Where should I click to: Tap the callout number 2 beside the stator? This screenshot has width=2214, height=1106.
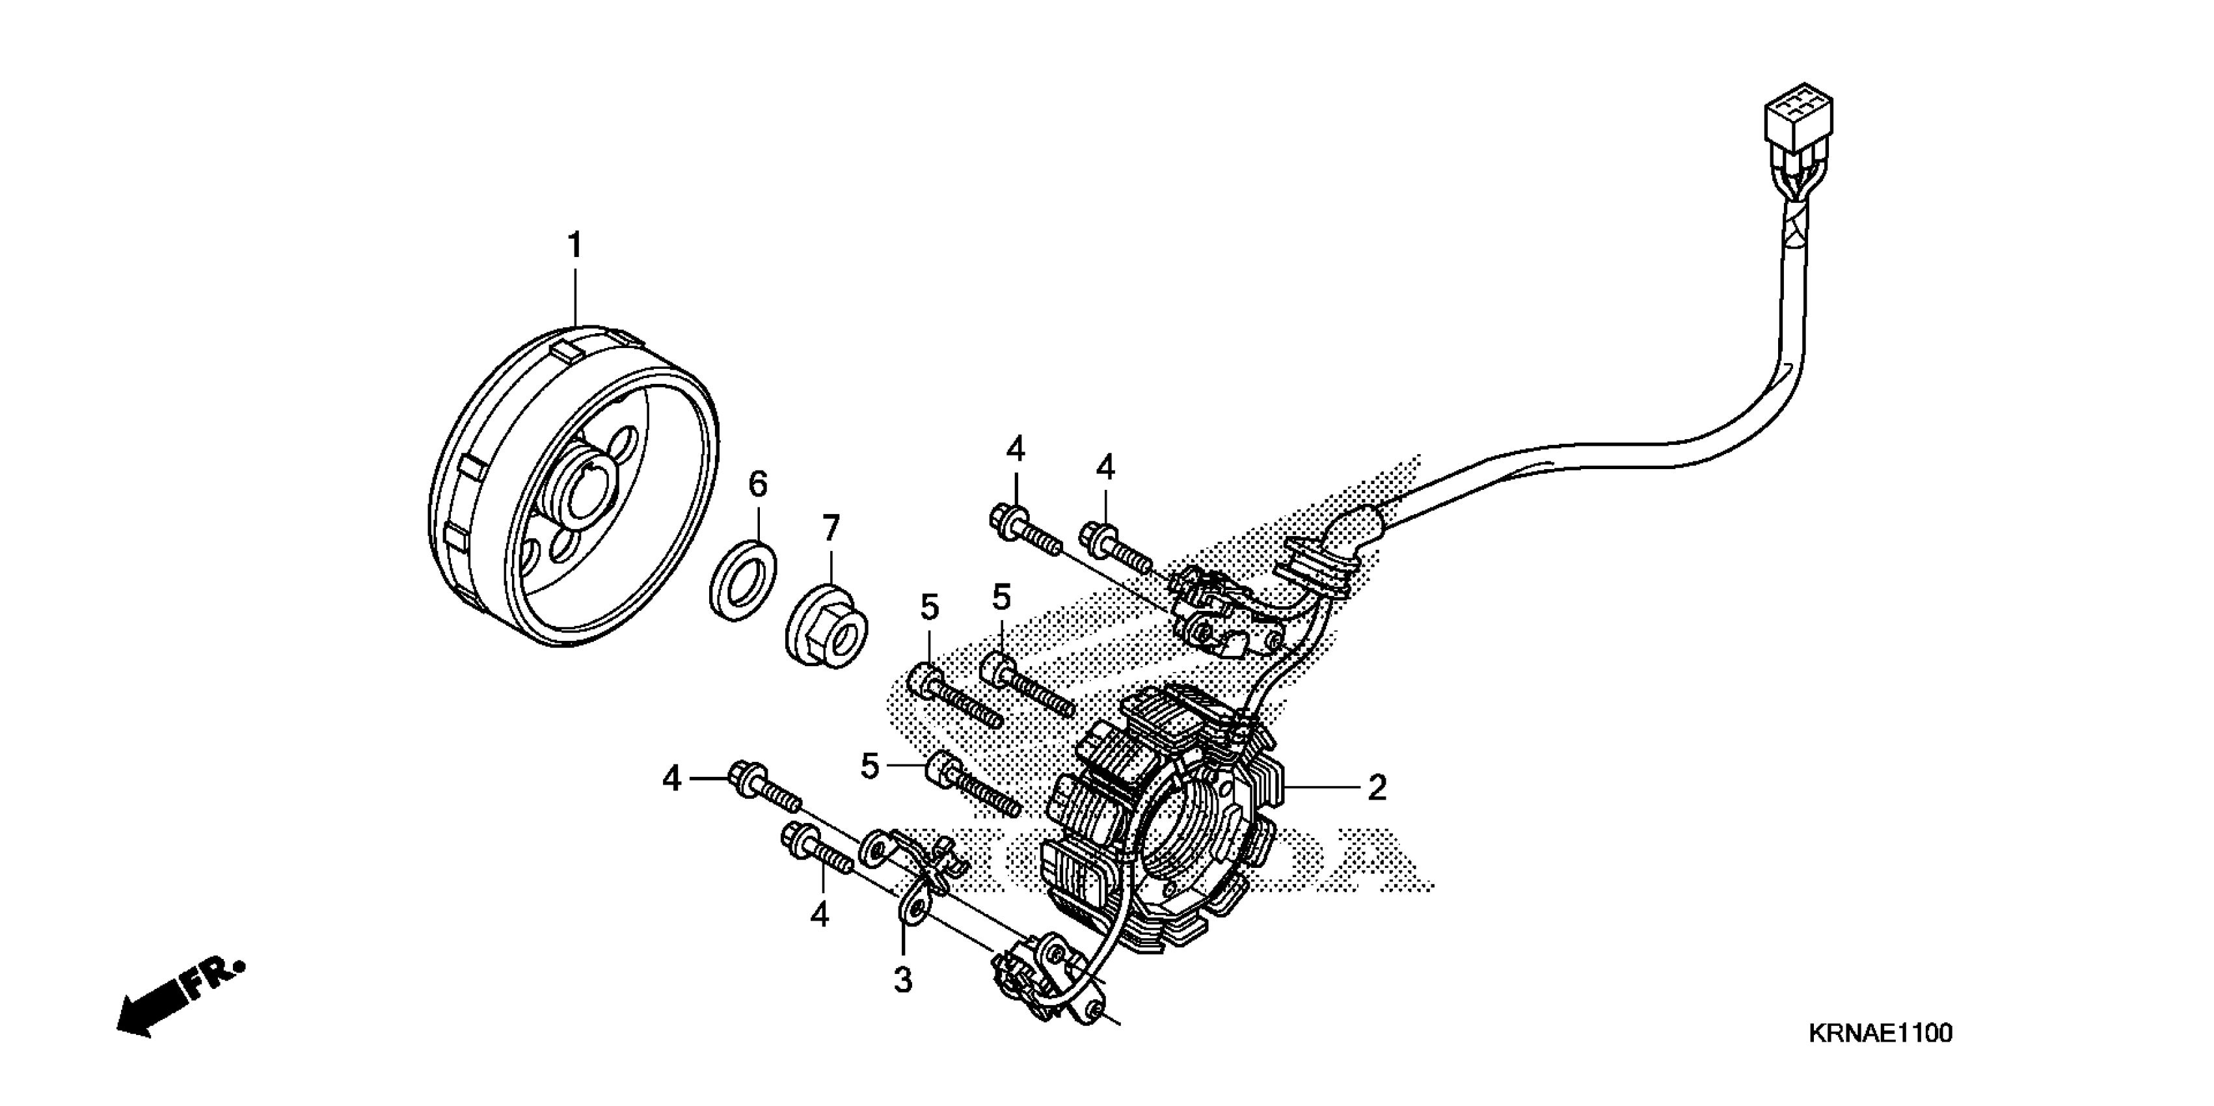click(x=1377, y=787)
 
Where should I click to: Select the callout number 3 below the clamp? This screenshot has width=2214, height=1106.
click(x=902, y=980)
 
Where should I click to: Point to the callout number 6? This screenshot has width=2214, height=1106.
click(x=757, y=485)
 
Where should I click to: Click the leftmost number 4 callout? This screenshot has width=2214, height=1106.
click(x=671, y=779)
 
